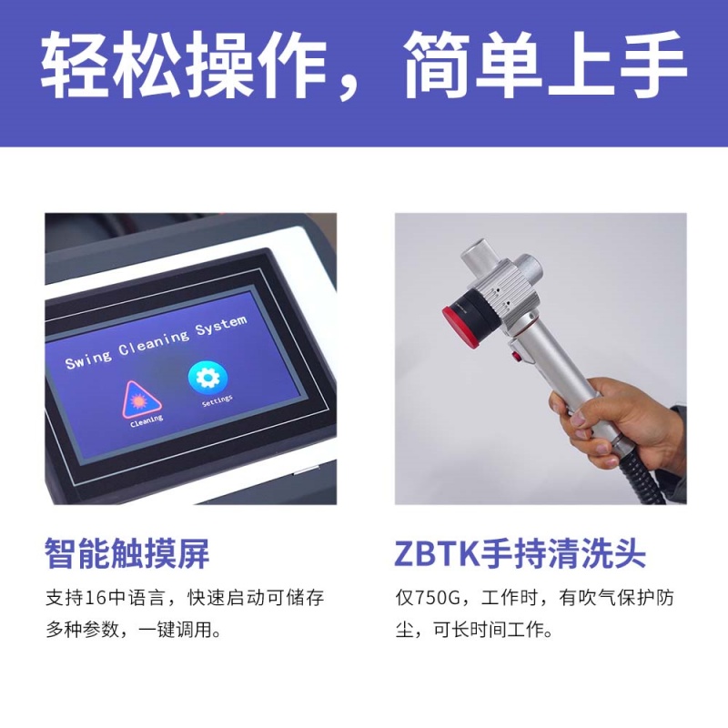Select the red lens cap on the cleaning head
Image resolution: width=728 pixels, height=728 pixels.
tap(455, 323)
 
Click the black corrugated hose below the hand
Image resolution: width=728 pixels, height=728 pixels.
tap(637, 482)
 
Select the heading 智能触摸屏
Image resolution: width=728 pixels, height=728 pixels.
tap(127, 553)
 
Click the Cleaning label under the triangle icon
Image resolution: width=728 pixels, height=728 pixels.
tap(146, 420)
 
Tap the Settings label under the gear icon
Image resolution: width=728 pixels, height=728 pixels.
tap(217, 399)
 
